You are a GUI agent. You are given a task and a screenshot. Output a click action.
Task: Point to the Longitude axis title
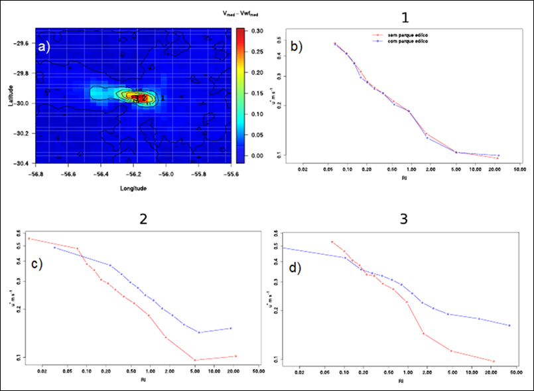(133, 189)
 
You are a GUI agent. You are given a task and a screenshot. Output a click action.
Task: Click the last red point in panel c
(235, 356)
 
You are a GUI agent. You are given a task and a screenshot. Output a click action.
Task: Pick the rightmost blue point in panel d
(509, 325)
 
